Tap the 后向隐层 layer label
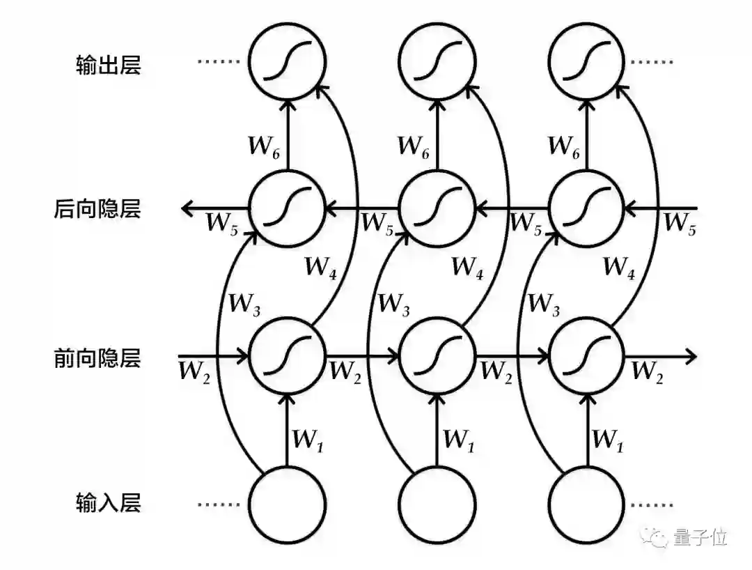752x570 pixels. [x=97, y=208]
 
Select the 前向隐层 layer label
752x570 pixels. [x=97, y=358]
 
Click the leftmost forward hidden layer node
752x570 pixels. [x=288, y=357]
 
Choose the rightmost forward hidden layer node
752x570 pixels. [x=587, y=357]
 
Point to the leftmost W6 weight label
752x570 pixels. [x=265, y=146]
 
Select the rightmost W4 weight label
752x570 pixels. [x=619, y=266]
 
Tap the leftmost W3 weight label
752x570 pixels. [x=244, y=305]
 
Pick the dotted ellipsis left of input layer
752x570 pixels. [x=217, y=504]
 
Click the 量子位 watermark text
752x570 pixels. [x=700, y=537]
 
